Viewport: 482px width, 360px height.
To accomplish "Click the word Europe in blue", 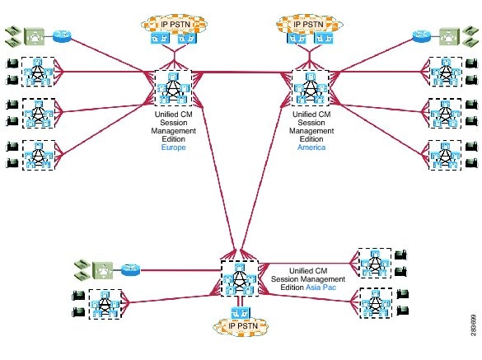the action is (x=173, y=147).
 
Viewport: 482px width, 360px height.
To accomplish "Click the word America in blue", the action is (x=311, y=147).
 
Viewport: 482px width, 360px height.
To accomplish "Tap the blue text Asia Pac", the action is (x=321, y=288).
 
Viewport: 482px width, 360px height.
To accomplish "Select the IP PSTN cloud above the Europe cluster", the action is (x=175, y=24).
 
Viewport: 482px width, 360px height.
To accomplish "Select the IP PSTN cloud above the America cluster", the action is (x=309, y=24).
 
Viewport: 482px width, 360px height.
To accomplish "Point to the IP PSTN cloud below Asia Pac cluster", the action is (x=241, y=326).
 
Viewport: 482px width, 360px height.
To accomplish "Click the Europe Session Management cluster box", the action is (x=173, y=88).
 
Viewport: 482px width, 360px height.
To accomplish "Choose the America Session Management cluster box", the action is (x=310, y=88).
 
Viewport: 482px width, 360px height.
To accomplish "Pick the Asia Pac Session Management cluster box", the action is (x=240, y=278).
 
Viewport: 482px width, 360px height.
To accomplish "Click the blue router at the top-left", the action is (x=62, y=36).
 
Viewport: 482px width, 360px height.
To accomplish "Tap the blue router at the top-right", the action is (x=422, y=36).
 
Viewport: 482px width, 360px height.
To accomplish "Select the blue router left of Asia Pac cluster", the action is (x=131, y=270).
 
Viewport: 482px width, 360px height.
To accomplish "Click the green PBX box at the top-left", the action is (x=35, y=36).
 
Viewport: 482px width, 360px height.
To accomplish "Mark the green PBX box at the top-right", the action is (x=449, y=36).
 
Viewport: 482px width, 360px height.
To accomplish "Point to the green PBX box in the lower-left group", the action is (x=103, y=270).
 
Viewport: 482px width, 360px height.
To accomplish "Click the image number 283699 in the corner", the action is (x=474, y=325).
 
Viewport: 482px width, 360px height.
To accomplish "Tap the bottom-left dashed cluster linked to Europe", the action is (x=39, y=155).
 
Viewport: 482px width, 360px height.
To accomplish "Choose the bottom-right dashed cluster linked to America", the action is (x=445, y=155).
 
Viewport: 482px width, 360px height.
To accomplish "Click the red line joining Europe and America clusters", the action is (x=241, y=72).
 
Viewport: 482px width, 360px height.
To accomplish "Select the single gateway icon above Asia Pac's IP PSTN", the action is (x=241, y=313).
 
